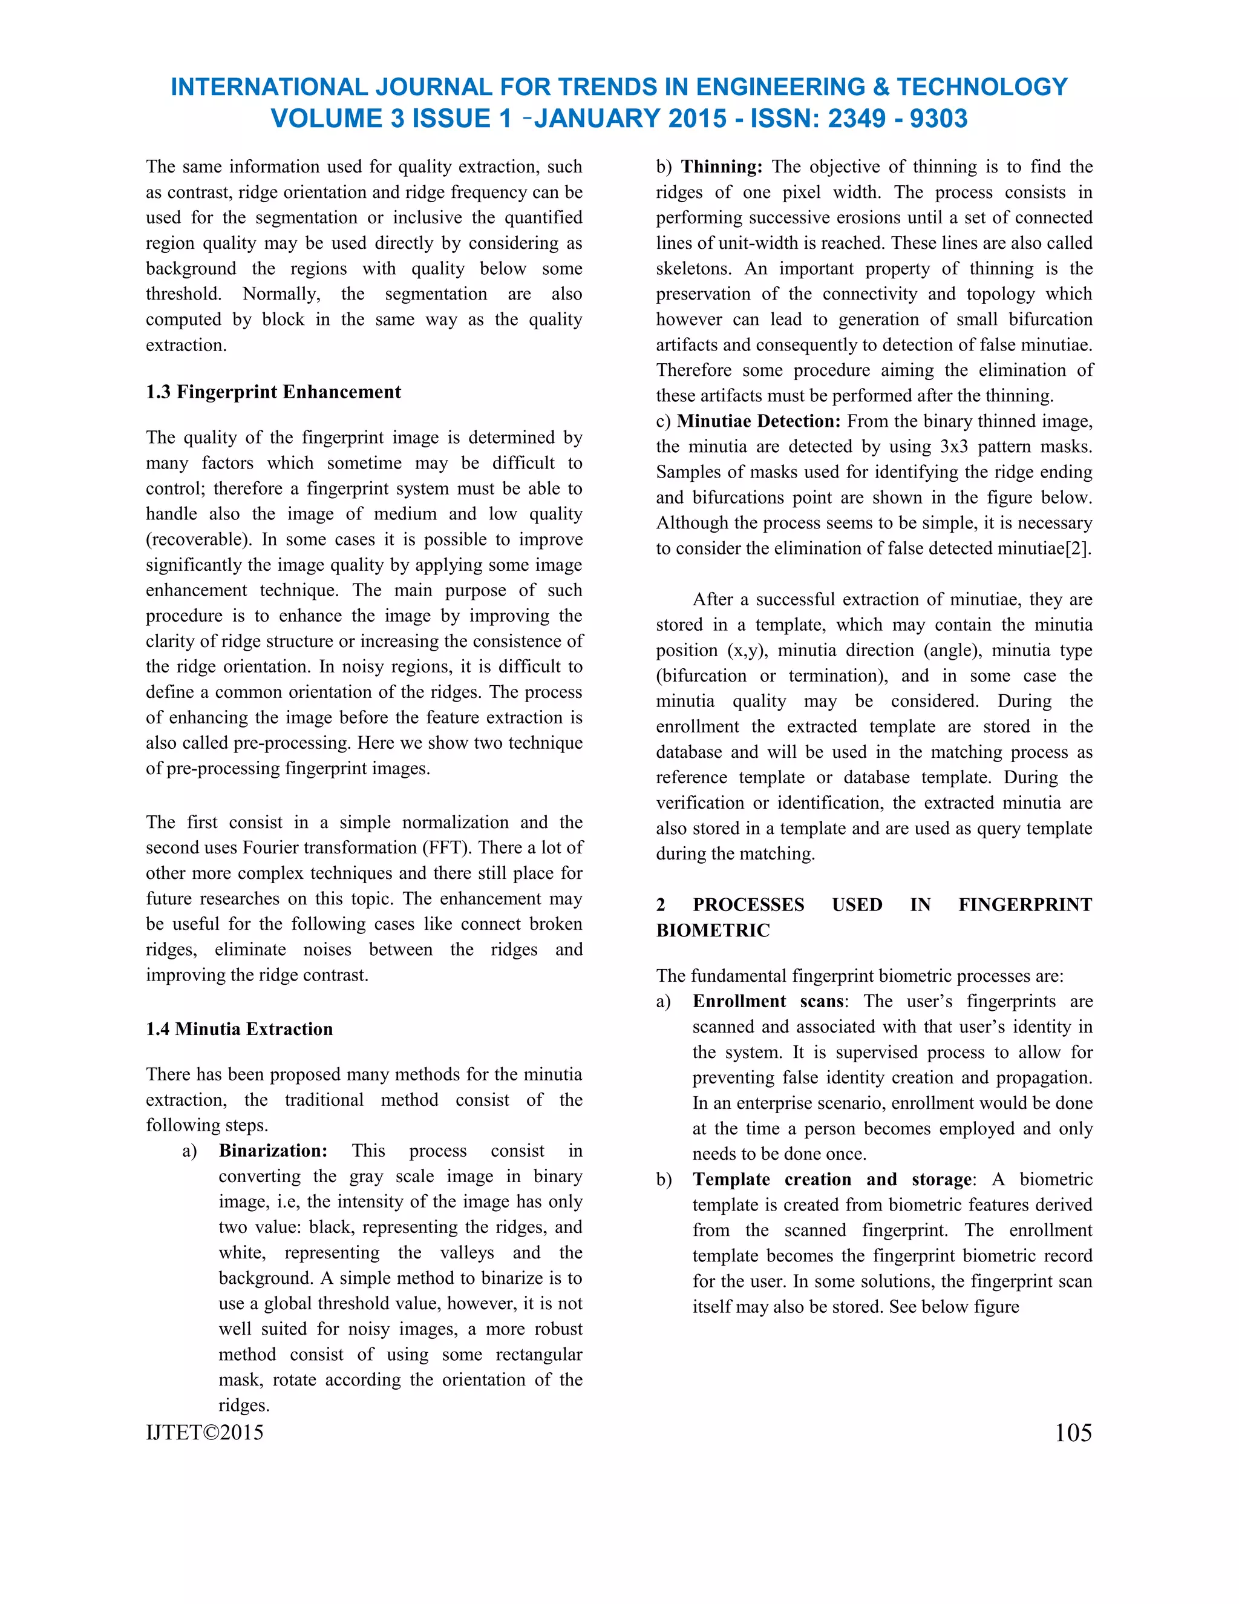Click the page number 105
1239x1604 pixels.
coord(1073,1432)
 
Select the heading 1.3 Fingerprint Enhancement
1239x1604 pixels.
coord(273,392)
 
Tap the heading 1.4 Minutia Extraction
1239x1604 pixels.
coord(240,1028)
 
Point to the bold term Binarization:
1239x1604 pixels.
coord(273,1150)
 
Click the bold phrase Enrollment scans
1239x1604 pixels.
coord(768,1001)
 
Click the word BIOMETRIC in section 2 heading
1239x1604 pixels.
coord(713,930)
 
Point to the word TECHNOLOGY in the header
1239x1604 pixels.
coord(981,87)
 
